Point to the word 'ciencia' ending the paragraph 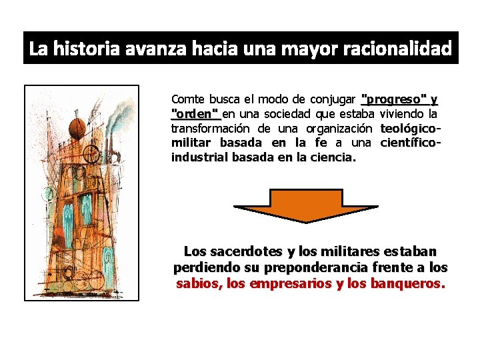click(x=336, y=158)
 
